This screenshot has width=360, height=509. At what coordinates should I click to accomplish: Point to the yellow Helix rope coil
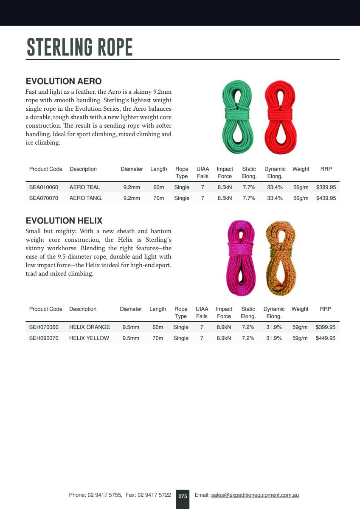pos(280,257)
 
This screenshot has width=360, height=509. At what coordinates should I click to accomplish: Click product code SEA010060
pos(44,187)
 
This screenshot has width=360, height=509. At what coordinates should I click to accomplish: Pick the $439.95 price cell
pos(326,198)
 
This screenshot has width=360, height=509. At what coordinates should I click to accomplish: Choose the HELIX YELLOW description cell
pos(89,338)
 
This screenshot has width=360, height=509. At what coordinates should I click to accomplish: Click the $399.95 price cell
pos(326,327)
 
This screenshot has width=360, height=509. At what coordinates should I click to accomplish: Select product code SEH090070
pos(44,338)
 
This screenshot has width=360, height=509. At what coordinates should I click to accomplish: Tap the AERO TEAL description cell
pos(85,187)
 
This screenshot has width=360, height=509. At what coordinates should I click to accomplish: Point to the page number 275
pos(183,496)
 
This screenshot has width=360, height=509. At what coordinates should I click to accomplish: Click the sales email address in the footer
pos(255,495)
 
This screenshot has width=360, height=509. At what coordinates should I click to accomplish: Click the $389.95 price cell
pos(326,187)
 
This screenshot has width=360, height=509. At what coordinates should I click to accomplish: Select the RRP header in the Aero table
pos(326,169)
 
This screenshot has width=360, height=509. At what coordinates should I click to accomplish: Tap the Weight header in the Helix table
pos(300,309)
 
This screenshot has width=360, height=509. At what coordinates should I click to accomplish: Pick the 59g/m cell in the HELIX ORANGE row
pos(300,327)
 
